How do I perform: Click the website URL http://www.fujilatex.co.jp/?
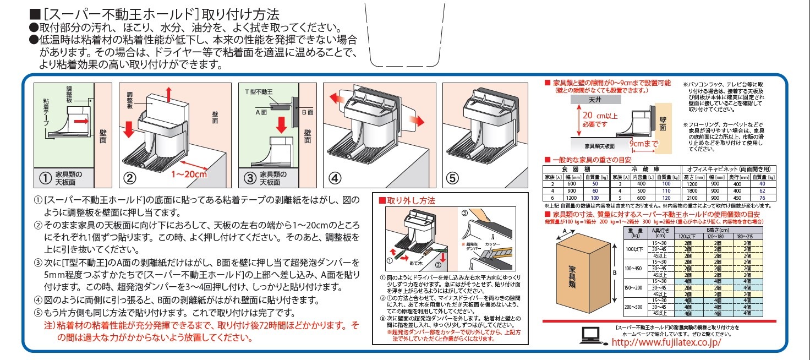(x=666, y=342)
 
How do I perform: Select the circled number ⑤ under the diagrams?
(x=452, y=177)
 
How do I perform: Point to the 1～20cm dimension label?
(x=189, y=174)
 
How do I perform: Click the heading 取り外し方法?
(x=408, y=201)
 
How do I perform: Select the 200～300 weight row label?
(x=633, y=306)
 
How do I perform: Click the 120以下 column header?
(x=688, y=236)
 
